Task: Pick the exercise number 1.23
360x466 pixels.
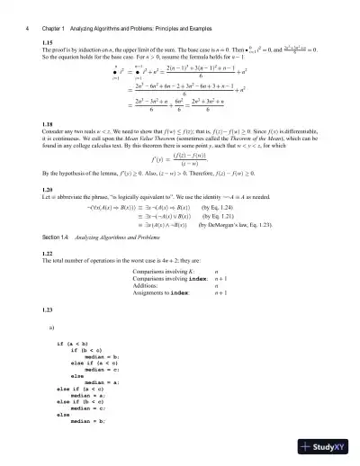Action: click(48, 310)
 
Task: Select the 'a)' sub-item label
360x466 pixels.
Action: click(50, 327)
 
